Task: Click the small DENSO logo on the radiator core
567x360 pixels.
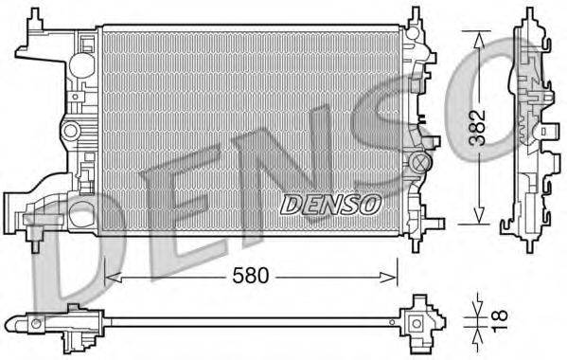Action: pyautogui.click(x=330, y=203)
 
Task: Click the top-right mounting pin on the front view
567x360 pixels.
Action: pyautogui.click(x=415, y=19)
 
